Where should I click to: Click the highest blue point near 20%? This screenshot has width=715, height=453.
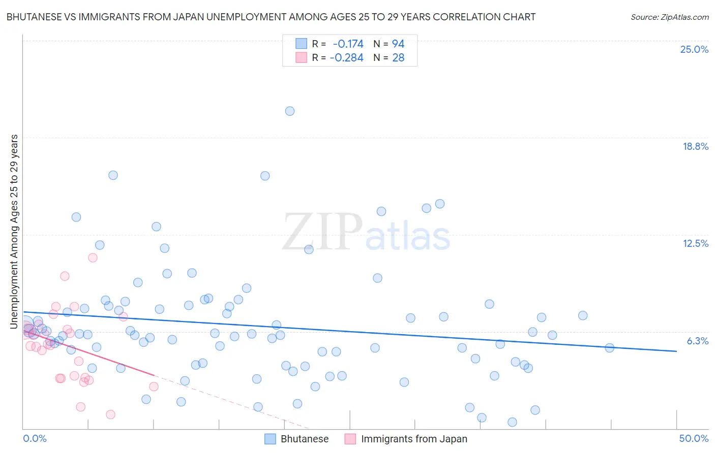(290, 111)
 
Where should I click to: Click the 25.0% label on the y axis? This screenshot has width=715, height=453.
(694, 49)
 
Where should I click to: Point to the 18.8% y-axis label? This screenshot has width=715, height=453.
(695, 146)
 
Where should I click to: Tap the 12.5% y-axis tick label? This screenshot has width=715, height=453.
(695, 243)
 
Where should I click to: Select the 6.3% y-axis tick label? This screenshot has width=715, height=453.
(697, 341)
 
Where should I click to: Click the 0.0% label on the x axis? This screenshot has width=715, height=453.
(35, 438)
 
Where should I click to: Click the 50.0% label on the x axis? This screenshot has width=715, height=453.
(694, 438)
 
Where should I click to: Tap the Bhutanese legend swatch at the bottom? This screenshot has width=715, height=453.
(270, 439)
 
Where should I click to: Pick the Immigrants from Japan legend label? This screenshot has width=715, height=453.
(414, 439)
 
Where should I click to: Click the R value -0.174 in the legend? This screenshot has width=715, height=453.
(348, 44)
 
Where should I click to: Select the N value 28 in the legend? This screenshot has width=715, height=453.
(398, 58)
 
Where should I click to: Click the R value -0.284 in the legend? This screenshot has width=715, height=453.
(346, 58)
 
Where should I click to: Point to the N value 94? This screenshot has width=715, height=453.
(398, 44)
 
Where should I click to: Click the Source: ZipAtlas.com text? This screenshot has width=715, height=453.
(669, 17)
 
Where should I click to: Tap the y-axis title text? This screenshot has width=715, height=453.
(14, 231)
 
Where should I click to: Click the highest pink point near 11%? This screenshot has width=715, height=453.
(93, 257)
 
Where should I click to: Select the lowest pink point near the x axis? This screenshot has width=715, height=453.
(110, 414)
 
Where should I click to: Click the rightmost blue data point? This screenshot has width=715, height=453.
(609, 348)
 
